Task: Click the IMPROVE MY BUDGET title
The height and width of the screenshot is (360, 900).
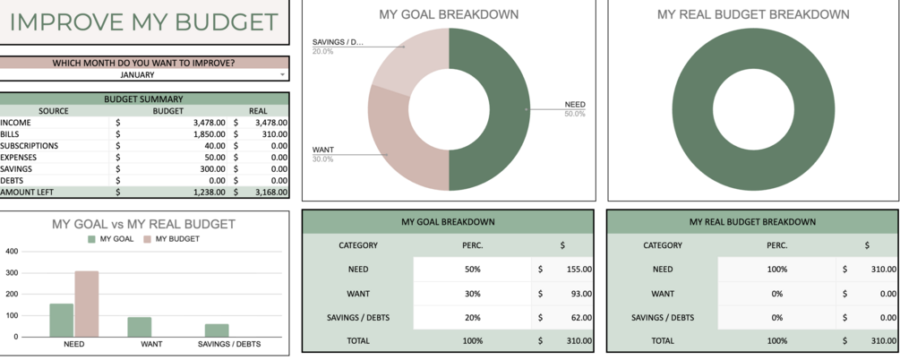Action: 143,22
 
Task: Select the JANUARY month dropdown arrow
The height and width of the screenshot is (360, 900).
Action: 283,75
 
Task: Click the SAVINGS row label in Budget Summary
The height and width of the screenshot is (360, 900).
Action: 16,168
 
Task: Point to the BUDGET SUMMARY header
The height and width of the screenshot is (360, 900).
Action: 143,99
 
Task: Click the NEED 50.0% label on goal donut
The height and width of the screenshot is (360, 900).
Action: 574,108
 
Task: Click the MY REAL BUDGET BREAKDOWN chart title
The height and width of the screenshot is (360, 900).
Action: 753,14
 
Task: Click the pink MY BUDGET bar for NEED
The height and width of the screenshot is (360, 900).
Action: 87,304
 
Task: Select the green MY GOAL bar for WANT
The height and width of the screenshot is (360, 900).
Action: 139,327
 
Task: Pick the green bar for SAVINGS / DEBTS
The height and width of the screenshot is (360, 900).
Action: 216,330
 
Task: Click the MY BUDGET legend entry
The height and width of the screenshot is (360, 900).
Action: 171,239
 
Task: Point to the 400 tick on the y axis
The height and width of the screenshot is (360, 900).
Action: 12,251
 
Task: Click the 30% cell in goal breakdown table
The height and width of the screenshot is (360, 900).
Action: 472,293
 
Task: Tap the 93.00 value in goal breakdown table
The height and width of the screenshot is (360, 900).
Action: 579,293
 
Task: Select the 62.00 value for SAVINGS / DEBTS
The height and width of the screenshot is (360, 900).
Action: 579,317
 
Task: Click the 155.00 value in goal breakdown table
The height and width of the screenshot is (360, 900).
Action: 577,269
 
